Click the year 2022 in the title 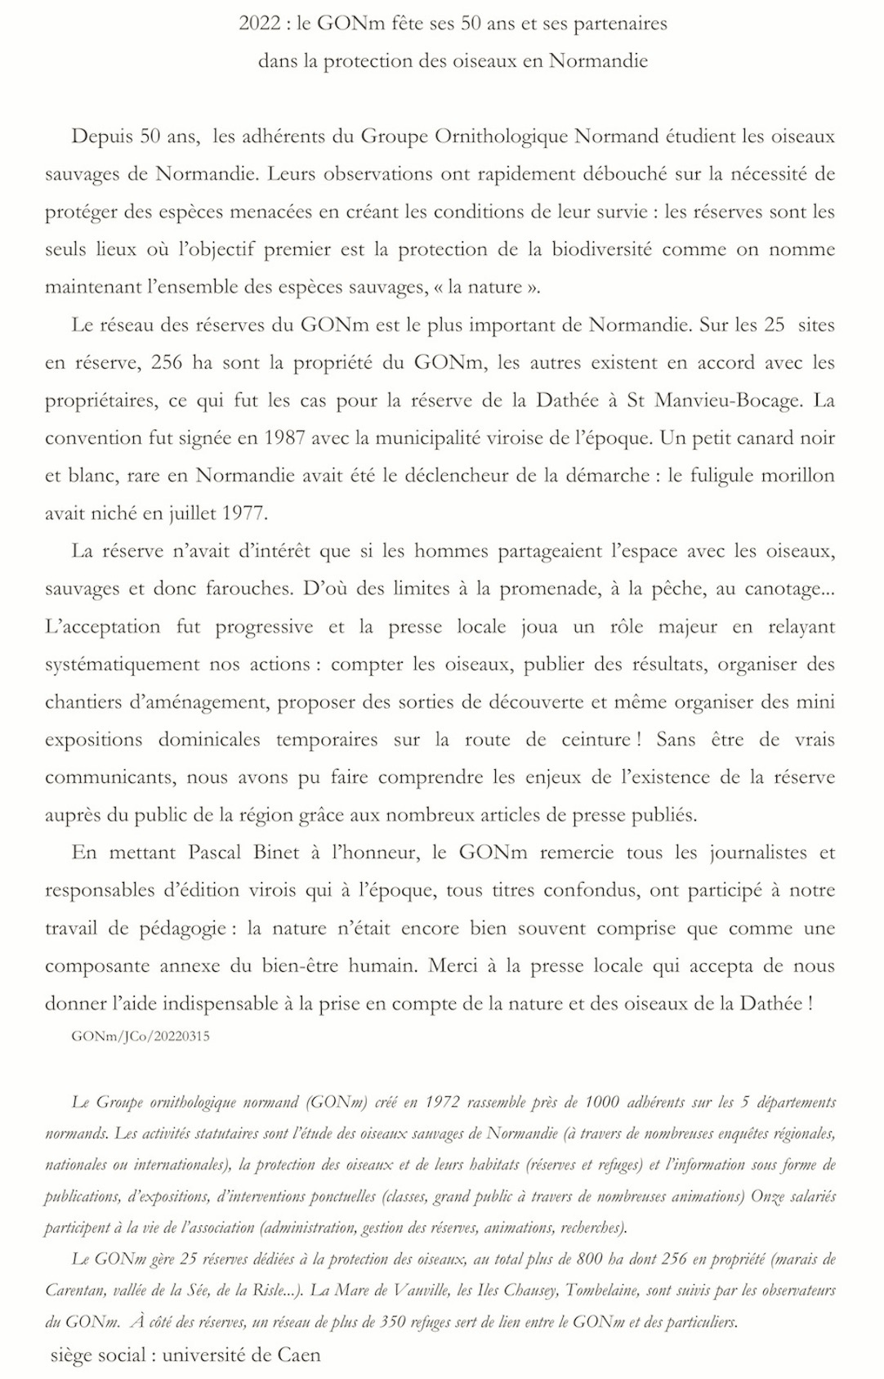(260, 24)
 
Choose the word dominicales (209, 740)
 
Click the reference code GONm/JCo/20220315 (141, 1036)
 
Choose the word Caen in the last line (299, 1355)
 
